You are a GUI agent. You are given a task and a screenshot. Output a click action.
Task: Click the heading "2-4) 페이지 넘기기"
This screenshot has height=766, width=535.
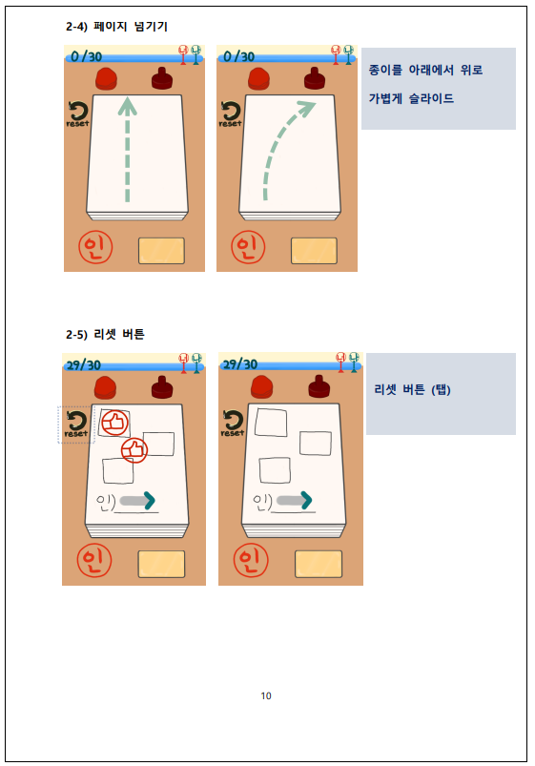pyautogui.click(x=116, y=26)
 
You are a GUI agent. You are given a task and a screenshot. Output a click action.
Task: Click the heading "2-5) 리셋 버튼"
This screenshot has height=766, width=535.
pyautogui.click(x=105, y=334)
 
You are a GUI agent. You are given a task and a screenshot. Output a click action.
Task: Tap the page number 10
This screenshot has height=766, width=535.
pyautogui.click(x=266, y=695)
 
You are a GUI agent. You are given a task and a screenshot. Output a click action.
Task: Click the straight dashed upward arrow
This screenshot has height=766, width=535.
pyautogui.click(x=127, y=149)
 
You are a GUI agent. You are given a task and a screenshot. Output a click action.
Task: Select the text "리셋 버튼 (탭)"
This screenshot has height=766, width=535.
pyautogui.click(x=412, y=389)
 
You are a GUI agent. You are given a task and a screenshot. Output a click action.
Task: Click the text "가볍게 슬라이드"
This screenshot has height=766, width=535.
pyautogui.click(x=411, y=98)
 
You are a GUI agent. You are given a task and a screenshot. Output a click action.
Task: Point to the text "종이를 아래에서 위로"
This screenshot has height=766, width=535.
pyautogui.click(x=425, y=70)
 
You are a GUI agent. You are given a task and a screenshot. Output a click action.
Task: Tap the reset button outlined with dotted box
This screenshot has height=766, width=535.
pyautogui.click(x=76, y=424)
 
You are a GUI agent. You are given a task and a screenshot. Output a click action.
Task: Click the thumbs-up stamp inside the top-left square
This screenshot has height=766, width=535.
pyautogui.click(x=114, y=422)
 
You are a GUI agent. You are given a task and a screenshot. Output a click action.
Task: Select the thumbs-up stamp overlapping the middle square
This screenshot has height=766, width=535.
pyautogui.click(x=134, y=450)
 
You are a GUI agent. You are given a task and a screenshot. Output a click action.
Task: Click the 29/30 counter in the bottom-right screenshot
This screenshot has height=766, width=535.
pyautogui.click(x=239, y=364)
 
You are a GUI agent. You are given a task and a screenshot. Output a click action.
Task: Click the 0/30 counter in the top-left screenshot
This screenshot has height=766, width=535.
pyautogui.click(x=86, y=56)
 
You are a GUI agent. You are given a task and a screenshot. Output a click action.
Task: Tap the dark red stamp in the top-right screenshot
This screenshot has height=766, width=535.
pyautogui.click(x=315, y=78)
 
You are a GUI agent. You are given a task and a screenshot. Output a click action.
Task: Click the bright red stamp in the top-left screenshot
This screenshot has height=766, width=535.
pyautogui.click(x=107, y=79)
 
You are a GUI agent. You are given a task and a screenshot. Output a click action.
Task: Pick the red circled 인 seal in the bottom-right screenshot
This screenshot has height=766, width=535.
pyautogui.click(x=251, y=560)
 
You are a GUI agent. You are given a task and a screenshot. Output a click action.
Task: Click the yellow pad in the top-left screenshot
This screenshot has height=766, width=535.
pyautogui.click(x=161, y=251)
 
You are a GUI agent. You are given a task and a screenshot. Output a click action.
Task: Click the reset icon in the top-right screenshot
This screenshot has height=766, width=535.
pyautogui.click(x=230, y=114)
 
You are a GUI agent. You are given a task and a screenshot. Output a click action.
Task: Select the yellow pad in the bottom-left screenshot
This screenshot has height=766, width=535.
pyautogui.click(x=161, y=564)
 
